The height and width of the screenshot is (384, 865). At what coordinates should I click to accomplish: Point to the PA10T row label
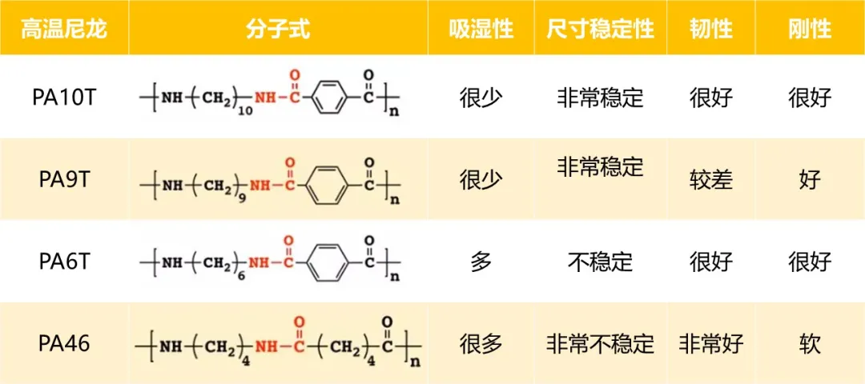(64, 98)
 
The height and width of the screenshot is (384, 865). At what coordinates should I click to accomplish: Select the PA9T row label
(64, 180)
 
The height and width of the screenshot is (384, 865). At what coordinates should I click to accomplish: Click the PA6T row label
(64, 262)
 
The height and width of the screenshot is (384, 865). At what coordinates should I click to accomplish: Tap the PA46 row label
(64, 344)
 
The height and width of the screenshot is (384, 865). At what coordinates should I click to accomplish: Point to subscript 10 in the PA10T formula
(245, 112)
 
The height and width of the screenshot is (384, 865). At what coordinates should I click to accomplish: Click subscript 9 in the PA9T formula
(243, 194)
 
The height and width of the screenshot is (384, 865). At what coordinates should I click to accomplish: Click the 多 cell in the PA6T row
(481, 262)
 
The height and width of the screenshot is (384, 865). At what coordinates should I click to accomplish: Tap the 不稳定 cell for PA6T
(600, 262)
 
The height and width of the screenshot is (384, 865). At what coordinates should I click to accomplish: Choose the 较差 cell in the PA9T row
(710, 180)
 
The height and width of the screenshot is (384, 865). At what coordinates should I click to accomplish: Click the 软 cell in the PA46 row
(810, 344)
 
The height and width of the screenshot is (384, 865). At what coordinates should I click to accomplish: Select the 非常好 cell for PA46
(710, 344)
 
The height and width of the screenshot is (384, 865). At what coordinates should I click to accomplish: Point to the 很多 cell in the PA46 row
(481, 344)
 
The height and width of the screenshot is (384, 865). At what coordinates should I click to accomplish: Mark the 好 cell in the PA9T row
(810, 180)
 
